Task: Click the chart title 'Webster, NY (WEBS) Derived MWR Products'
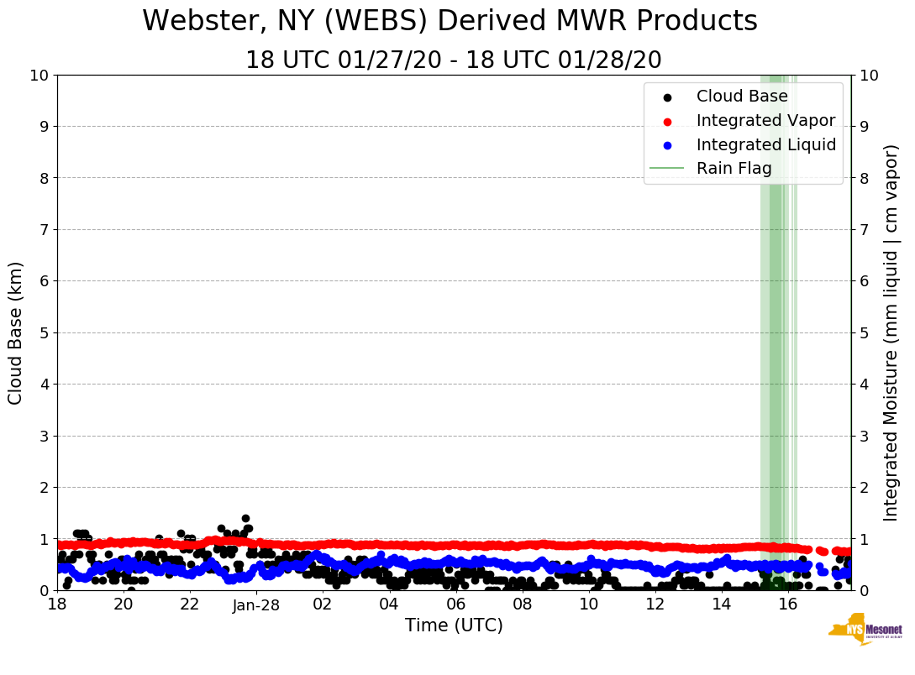point(450,22)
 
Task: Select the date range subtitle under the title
point(453,60)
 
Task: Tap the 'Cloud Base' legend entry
point(741,97)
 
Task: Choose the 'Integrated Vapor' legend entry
point(765,121)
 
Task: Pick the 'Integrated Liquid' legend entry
point(765,145)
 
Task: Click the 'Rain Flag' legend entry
point(734,169)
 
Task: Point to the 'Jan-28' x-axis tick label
point(256,604)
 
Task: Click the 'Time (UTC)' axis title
point(454,626)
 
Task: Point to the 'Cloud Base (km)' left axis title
point(16,332)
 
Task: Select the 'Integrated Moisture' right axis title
point(891,332)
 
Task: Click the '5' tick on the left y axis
point(44,332)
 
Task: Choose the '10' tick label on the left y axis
point(39,76)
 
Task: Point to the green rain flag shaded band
point(775,336)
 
